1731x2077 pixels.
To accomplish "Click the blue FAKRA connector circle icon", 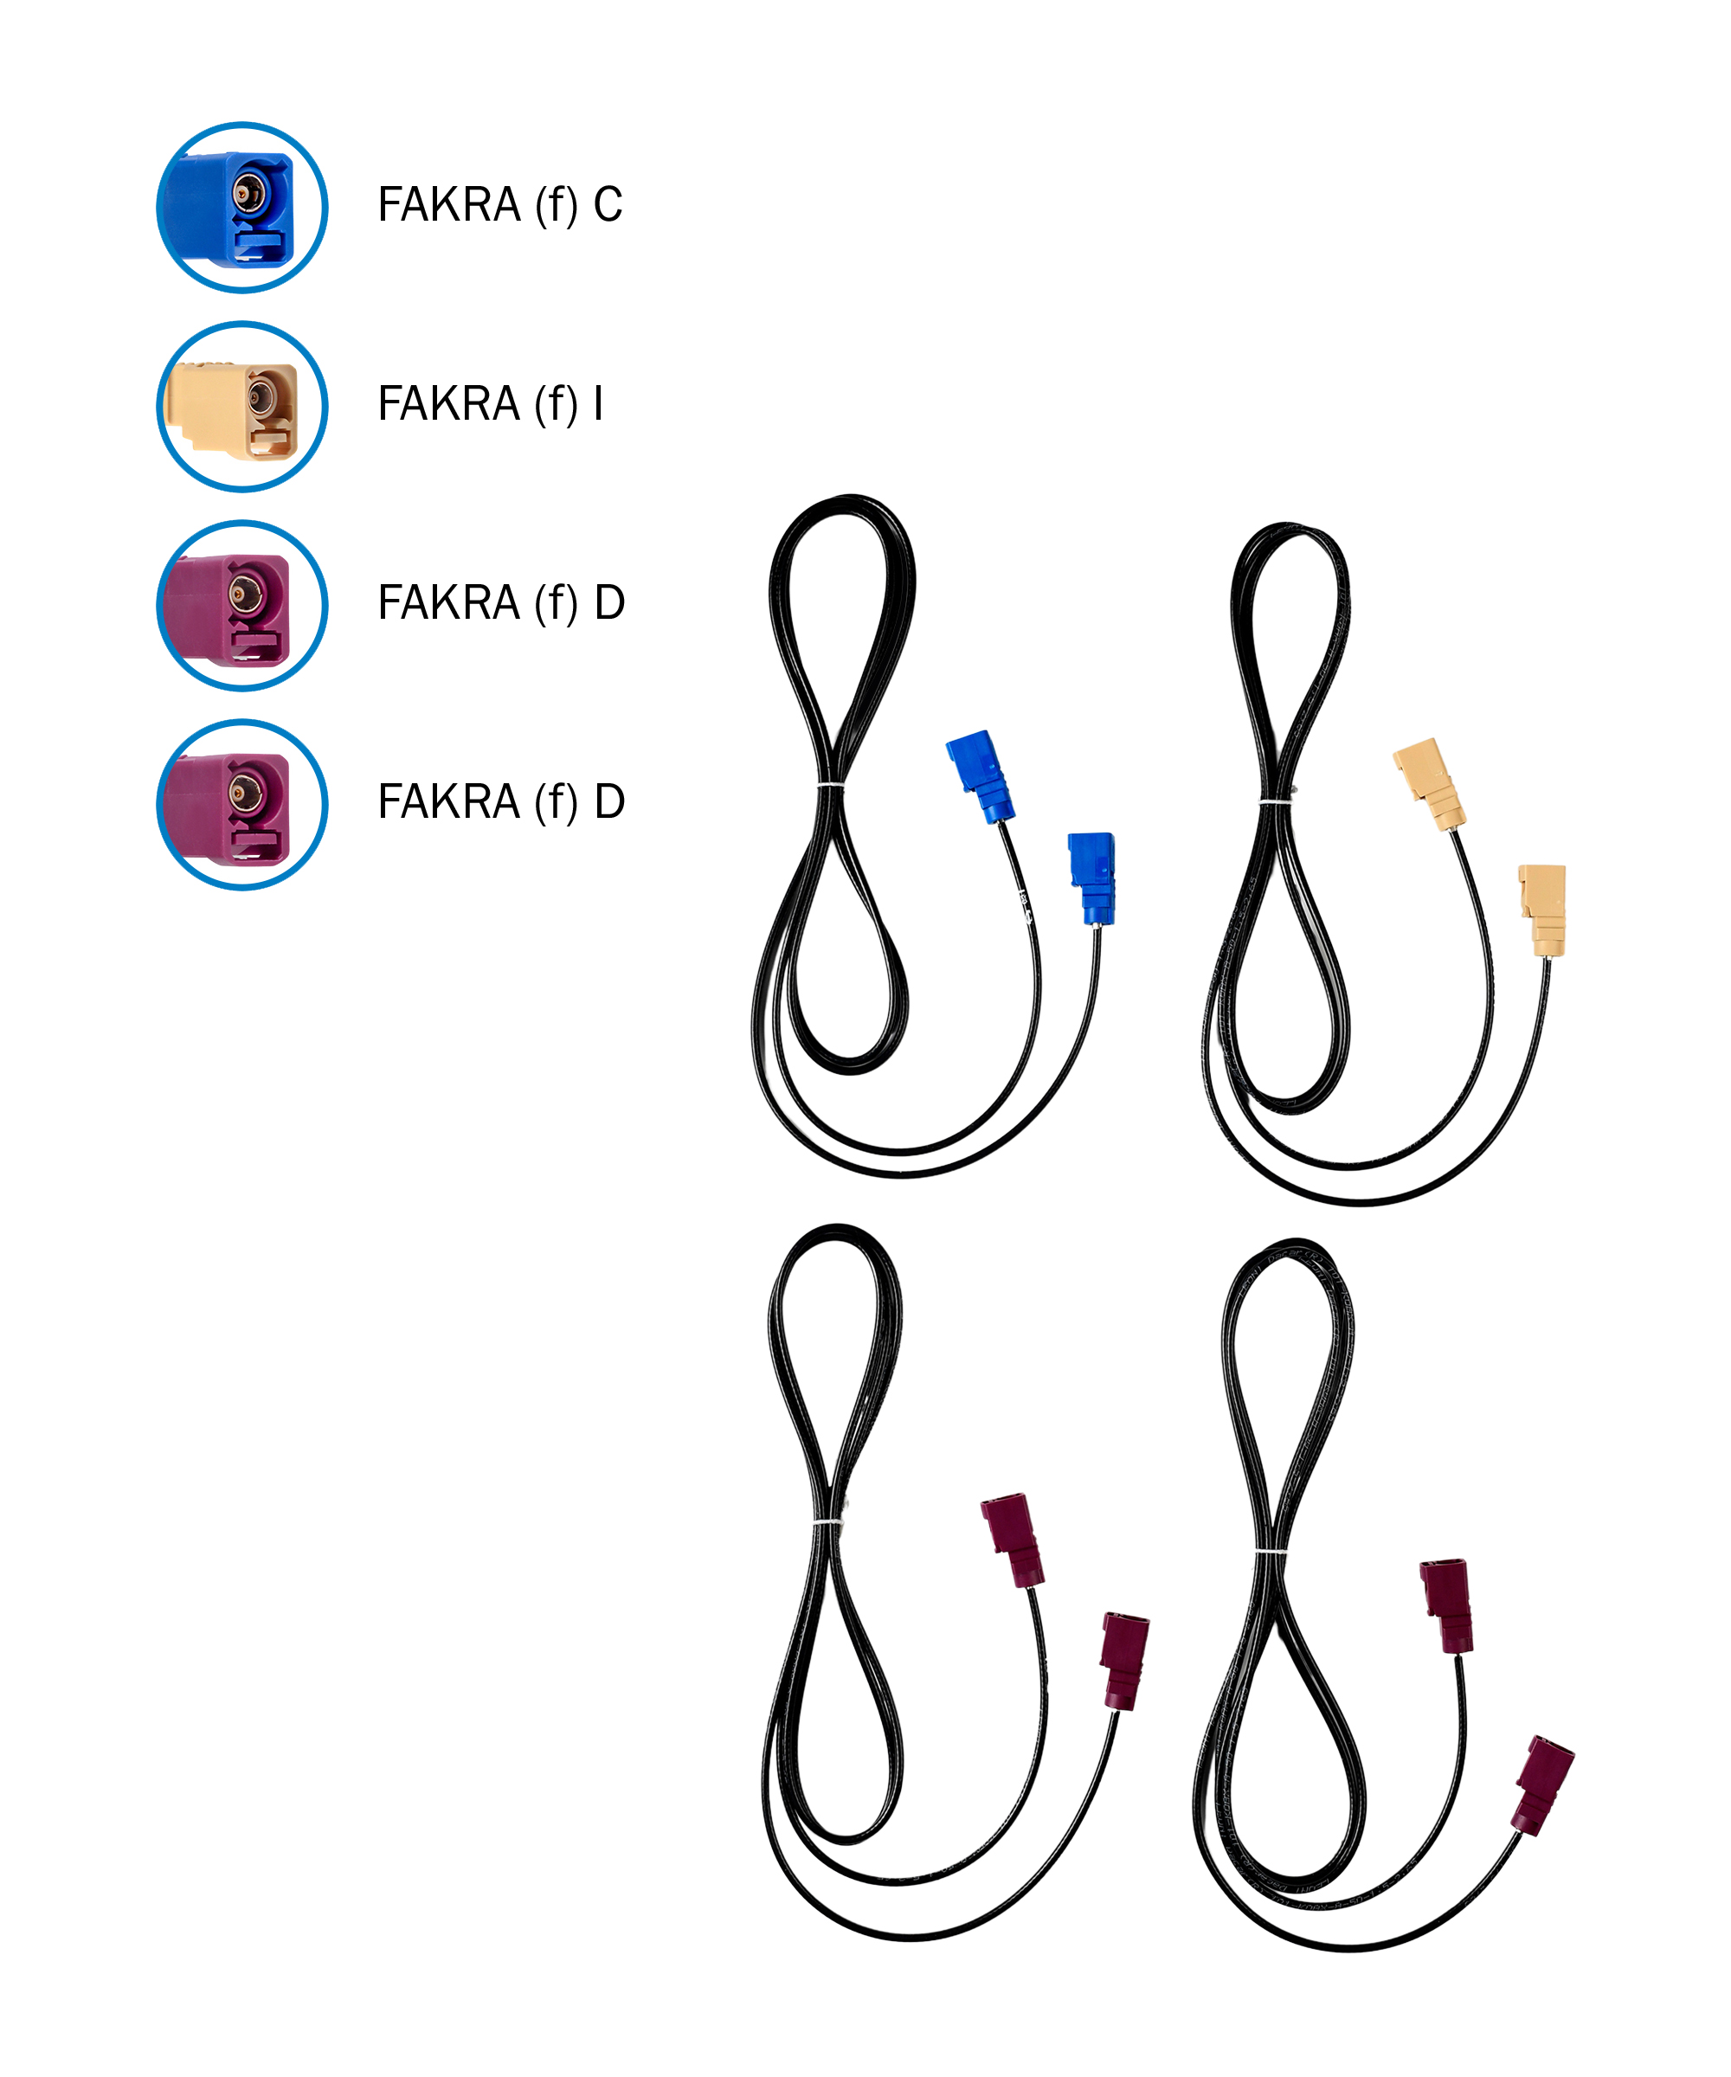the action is (242, 208).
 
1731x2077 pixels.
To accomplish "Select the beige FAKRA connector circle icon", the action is (242, 407).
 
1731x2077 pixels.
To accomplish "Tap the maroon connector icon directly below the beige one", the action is (242, 605).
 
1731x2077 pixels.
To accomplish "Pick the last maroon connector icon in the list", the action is (242, 804).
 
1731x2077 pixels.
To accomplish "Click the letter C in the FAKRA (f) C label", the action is (608, 205).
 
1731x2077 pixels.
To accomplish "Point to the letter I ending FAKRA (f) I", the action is (598, 403).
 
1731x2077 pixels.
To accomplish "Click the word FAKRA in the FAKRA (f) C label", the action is (449, 205).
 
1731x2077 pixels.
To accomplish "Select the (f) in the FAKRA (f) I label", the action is (557, 404).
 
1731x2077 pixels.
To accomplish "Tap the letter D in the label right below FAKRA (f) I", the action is (609, 602).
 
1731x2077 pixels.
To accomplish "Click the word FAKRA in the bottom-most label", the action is (449, 801).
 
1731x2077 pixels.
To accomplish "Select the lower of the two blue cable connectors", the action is (1091, 878).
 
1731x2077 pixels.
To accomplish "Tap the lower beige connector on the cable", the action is (1542, 910).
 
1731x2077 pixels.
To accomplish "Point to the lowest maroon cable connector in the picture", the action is (1542, 1786).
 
